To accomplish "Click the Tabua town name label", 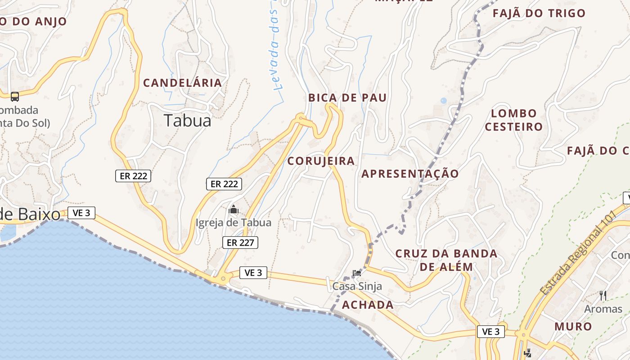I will point(187,121).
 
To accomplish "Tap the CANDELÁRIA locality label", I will point(182,83).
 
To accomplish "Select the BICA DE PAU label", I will point(347,98).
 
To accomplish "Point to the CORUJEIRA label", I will point(321,161).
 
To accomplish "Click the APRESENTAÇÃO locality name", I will point(410,174).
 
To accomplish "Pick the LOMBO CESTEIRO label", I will point(514,120).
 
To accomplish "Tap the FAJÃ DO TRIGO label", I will point(539,13).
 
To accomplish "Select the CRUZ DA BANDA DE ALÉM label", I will point(446,260).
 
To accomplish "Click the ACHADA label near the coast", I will point(368,305).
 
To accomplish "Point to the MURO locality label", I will point(573,326).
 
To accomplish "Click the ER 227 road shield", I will point(240,243).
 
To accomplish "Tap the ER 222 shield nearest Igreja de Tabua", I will point(224,184).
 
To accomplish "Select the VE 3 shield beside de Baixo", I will point(81,213).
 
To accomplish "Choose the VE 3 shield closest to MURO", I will point(490,332).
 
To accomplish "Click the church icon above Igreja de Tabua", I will point(234,210).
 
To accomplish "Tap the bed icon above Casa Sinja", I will point(357,273).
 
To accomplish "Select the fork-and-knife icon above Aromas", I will point(603,296).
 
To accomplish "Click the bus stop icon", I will point(15,96).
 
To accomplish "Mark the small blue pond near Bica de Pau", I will point(444,101).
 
